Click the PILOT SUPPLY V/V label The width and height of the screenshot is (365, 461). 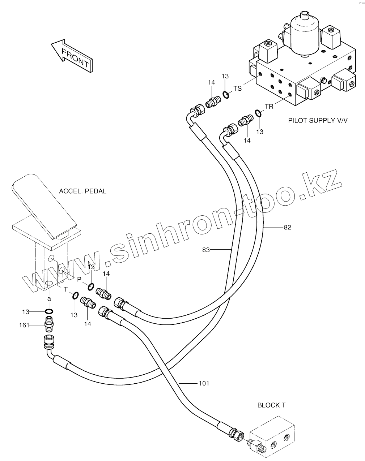(317, 120)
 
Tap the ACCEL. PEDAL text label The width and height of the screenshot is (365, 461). (82, 191)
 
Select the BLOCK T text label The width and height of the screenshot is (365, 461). (271, 405)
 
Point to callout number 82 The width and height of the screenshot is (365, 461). (287, 227)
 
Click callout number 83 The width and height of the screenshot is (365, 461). (206, 250)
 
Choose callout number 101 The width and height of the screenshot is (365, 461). (204, 383)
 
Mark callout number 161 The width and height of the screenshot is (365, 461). (24, 326)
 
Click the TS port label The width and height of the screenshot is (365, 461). (237, 89)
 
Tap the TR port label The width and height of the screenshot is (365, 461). (269, 107)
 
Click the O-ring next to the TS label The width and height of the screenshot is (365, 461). (225, 95)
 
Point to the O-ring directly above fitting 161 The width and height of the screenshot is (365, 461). (49, 311)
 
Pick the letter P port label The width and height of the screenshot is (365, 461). (80, 279)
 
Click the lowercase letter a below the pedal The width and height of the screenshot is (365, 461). (49, 299)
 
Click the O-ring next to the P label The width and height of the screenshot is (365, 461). (90, 286)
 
